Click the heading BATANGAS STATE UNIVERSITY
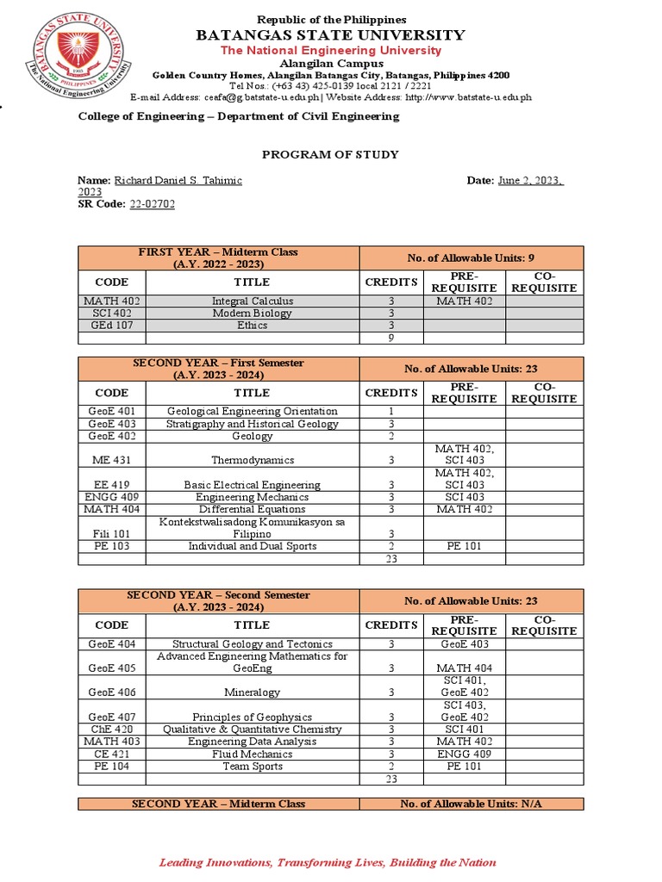tap(331, 35)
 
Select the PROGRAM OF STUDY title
tap(330, 154)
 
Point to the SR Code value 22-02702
tap(153, 204)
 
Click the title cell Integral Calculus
tap(253, 301)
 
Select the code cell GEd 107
tap(112, 326)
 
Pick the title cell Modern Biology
tap(253, 314)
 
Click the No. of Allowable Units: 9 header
tap(471, 258)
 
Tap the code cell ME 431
tap(112, 460)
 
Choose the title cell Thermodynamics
tap(253, 460)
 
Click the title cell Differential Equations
tap(253, 510)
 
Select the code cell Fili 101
tap(112, 534)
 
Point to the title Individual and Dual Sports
tap(253, 546)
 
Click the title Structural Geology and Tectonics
tap(253, 644)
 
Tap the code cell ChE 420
tap(112, 729)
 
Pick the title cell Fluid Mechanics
tap(253, 754)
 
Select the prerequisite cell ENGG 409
tap(464, 754)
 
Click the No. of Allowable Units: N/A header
tap(471, 804)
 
